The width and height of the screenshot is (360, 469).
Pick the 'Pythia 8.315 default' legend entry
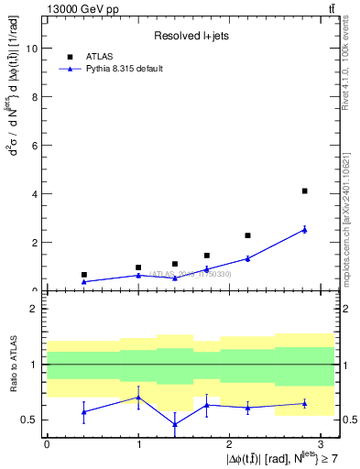coord(125,68)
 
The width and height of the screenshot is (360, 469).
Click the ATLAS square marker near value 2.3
coord(247,235)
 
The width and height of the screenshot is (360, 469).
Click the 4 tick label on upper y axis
coord(34,194)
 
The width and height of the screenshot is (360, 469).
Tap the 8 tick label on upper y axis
coord(34,97)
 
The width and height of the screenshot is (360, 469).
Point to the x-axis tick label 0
coord(47,444)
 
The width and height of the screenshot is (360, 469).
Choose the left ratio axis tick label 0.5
coord(32,420)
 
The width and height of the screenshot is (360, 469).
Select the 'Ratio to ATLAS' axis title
coord(13,364)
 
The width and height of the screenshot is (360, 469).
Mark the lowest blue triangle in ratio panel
coord(175,424)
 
